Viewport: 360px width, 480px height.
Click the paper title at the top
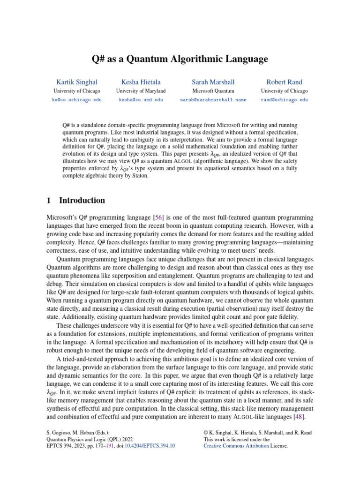click(180, 59)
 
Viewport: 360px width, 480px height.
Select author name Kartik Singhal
click(77, 82)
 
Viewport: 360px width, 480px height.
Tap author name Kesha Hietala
click(141, 82)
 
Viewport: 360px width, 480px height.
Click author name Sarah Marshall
click(213, 82)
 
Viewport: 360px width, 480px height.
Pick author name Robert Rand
click(284, 82)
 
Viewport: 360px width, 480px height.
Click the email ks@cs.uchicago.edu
click(77, 100)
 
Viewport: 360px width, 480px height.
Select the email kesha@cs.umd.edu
click(141, 100)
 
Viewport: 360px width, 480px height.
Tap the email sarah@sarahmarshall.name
click(213, 100)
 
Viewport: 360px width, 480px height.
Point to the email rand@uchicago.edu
click(284, 100)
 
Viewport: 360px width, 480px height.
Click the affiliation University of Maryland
click(141, 91)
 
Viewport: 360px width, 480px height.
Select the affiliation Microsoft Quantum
click(213, 91)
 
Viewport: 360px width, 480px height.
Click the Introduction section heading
click(82, 201)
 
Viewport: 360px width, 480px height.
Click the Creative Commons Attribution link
click(236, 446)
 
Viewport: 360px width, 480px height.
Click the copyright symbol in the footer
click(206, 433)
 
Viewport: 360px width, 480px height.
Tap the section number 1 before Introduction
click(49, 201)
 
